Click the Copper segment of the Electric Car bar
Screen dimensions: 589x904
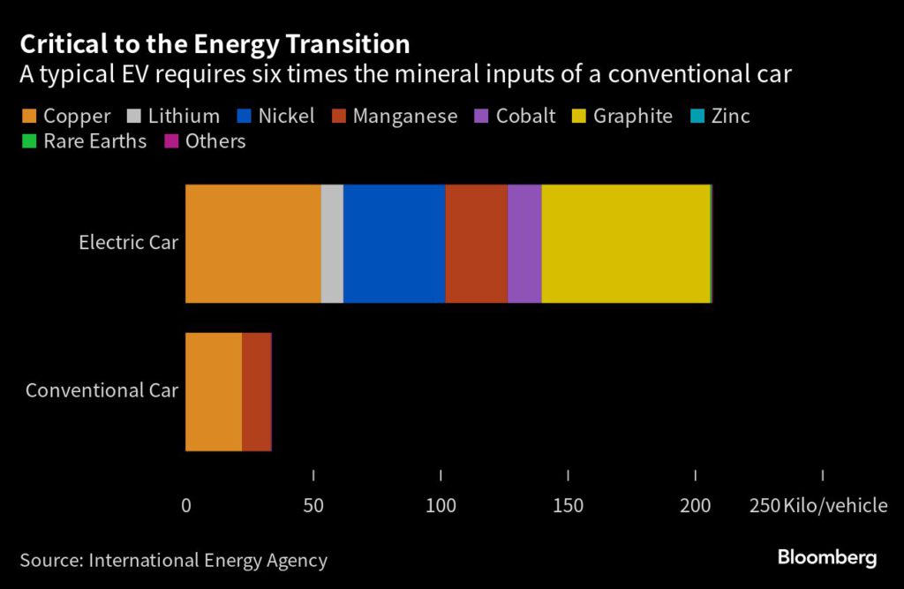[x=252, y=244]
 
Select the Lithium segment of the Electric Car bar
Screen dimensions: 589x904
[x=332, y=244]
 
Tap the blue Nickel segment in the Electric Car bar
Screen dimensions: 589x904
[x=394, y=244]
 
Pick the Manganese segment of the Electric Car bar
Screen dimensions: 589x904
[x=476, y=244]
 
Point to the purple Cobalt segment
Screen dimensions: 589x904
[x=524, y=244]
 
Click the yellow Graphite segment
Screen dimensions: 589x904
[x=625, y=244]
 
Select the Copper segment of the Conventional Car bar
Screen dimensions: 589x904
[x=213, y=391]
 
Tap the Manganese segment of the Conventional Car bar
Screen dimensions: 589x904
[x=256, y=391]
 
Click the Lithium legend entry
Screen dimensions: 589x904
[x=174, y=116]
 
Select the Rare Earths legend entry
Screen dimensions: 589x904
[x=84, y=141]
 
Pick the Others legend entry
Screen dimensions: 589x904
[x=205, y=141]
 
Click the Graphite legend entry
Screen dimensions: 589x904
[x=622, y=116]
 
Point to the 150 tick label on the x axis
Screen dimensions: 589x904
[x=569, y=506]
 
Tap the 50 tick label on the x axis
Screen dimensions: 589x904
[x=313, y=506]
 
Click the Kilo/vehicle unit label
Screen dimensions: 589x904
[x=835, y=506]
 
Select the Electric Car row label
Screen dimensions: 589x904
[x=128, y=242]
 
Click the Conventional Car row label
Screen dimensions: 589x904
[x=102, y=390]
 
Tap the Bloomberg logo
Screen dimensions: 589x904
[x=826, y=557]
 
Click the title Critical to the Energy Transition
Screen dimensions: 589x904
[x=215, y=44]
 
